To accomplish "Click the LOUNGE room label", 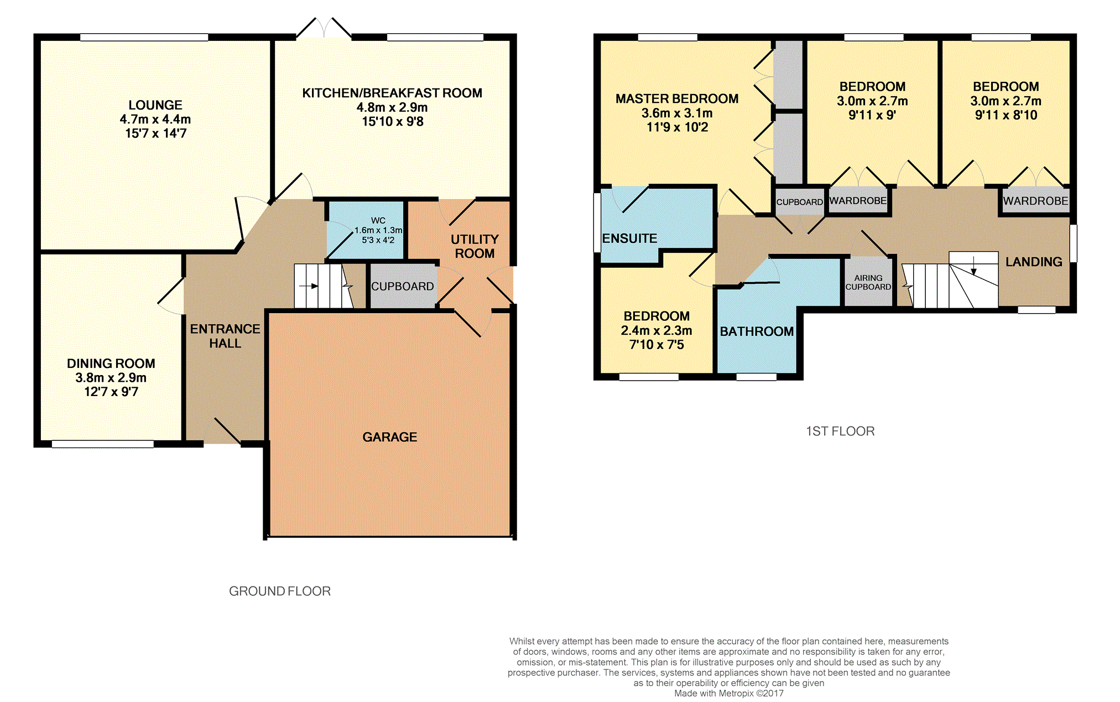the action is [x=155, y=105].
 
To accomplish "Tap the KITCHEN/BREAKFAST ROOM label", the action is [x=392, y=93].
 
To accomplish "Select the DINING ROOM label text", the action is [x=111, y=363].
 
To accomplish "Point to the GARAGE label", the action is [x=390, y=437].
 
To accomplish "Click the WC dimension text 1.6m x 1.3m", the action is [x=378, y=230].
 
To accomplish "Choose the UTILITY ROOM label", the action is [x=475, y=246].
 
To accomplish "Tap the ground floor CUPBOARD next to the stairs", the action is [x=403, y=287].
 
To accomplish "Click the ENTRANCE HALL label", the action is [x=225, y=336].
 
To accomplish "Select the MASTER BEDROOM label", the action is [x=677, y=98].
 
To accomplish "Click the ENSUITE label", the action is [x=630, y=238].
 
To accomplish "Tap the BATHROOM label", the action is [x=757, y=331].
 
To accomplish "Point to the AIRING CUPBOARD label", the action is [x=868, y=282].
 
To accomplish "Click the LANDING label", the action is [x=1034, y=262].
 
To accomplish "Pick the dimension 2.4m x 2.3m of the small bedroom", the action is [x=657, y=330].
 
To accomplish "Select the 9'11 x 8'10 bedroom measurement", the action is [x=1006, y=115].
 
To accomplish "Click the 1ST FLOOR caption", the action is [x=840, y=431].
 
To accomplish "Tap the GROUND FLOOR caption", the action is [x=280, y=591].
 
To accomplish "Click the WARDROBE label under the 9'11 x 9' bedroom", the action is [x=858, y=201].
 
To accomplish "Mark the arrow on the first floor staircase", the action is [x=974, y=267].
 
